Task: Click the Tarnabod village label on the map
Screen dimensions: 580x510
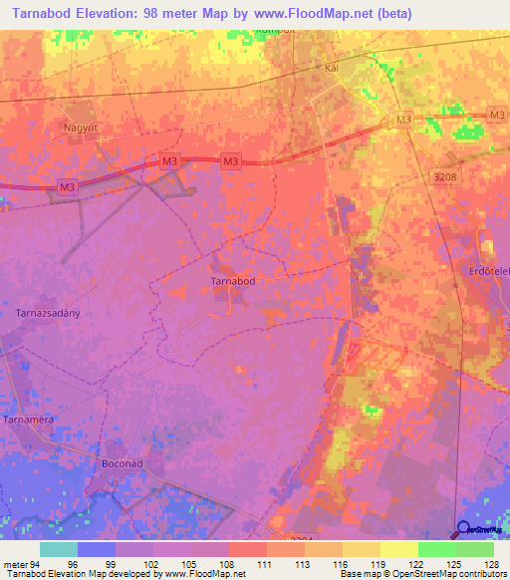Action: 234,282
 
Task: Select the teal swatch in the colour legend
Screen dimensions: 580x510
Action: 59,548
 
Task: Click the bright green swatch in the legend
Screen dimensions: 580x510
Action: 436,548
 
